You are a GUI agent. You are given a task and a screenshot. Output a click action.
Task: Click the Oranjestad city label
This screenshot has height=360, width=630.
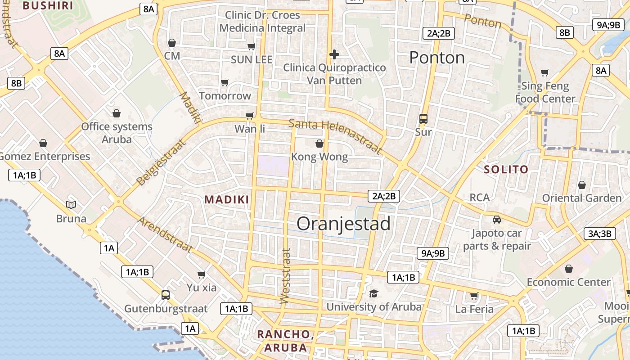click(x=343, y=224)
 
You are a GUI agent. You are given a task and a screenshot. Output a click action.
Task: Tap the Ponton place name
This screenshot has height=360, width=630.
click(x=437, y=58)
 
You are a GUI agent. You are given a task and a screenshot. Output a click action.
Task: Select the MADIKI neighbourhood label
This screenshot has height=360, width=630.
click(x=227, y=200)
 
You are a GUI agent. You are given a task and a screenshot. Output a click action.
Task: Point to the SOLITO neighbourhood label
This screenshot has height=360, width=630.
click(x=506, y=170)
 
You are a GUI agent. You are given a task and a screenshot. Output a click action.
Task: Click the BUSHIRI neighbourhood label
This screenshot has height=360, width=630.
click(x=48, y=5)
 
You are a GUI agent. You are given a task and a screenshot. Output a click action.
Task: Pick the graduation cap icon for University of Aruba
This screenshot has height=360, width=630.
click(x=373, y=294)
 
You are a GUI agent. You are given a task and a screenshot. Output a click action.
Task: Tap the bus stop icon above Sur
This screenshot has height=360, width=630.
click(x=423, y=119)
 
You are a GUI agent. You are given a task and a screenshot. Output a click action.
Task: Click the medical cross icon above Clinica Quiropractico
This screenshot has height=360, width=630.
click(x=334, y=54)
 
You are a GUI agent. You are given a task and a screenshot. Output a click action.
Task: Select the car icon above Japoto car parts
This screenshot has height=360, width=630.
click(x=497, y=220)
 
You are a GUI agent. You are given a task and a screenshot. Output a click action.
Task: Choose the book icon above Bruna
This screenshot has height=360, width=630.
click(x=71, y=205)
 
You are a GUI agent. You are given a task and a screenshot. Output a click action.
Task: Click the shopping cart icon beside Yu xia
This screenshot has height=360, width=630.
click(x=202, y=274)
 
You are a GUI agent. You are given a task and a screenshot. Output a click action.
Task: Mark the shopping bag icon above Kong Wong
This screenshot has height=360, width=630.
click(x=319, y=144)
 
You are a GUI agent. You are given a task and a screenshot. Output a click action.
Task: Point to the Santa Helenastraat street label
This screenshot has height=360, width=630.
click(x=335, y=136)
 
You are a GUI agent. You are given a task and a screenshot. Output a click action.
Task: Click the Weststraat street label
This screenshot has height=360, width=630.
click(x=285, y=276)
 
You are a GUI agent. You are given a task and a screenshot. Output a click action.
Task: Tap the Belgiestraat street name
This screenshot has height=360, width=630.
click(x=161, y=163)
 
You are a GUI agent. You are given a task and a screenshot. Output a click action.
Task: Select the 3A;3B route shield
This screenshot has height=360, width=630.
click(x=599, y=234)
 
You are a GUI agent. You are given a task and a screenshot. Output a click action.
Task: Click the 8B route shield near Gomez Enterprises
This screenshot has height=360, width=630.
click(x=16, y=83)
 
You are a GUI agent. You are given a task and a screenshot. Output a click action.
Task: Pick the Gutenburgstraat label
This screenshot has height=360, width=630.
click(x=166, y=309)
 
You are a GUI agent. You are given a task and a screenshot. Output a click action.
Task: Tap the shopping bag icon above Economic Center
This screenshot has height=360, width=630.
click(x=569, y=269)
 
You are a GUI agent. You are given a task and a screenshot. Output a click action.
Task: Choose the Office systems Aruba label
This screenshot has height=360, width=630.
click(x=117, y=133)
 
